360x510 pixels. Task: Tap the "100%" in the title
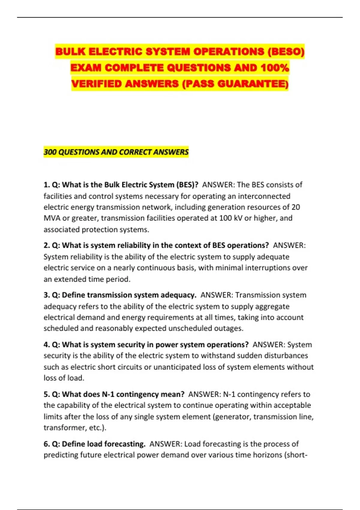tap(274, 68)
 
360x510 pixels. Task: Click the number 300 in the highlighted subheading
tap(50, 152)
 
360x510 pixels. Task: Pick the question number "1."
tap(47, 185)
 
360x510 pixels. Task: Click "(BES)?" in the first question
tap(187, 185)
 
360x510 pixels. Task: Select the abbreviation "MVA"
tap(52, 218)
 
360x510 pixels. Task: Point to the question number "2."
tap(47, 245)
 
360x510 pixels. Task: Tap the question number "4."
tap(47, 345)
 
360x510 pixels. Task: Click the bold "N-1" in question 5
tap(108, 394)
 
